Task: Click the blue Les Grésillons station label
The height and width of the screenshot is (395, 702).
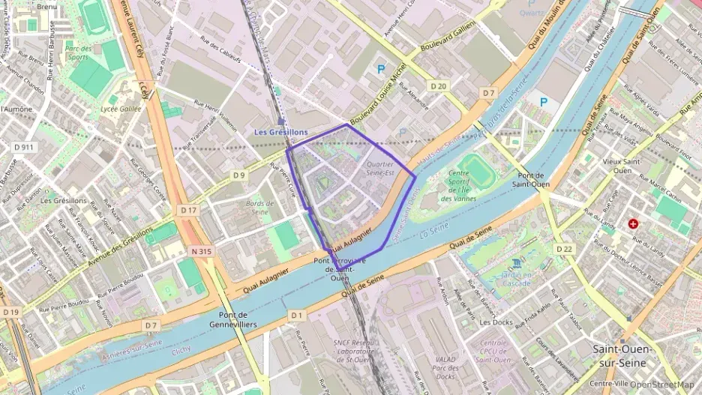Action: point(280,132)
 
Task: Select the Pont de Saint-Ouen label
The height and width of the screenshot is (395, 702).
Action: point(532,178)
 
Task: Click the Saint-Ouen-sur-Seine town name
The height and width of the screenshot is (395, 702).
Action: point(625,355)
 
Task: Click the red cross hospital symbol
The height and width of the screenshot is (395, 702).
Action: point(634,223)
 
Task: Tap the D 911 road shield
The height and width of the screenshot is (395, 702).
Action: point(24,147)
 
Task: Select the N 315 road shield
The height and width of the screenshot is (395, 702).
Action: point(200,251)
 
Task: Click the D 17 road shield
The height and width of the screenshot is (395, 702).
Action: point(188,211)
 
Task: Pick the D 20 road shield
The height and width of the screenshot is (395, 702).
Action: point(439,86)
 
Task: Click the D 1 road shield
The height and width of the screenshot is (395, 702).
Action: point(296,315)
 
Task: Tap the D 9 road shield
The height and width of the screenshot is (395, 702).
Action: point(238,175)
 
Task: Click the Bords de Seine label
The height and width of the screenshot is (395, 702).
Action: point(257,208)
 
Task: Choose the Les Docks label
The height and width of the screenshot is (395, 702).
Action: point(495,322)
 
